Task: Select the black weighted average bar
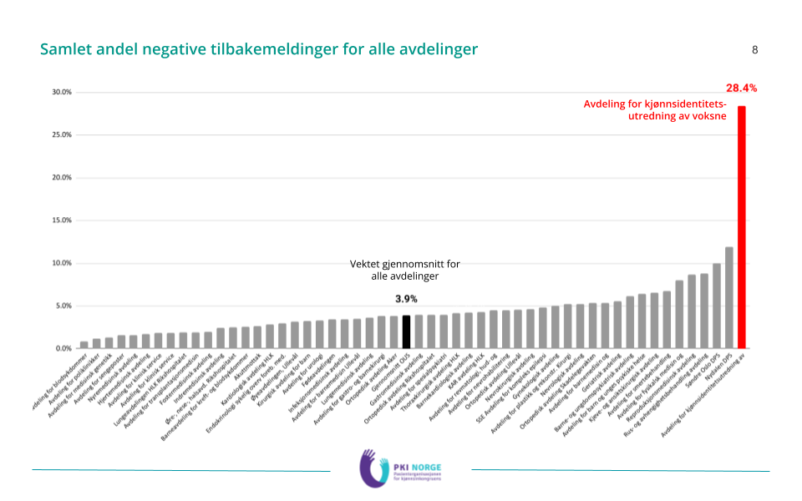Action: (x=406, y=331)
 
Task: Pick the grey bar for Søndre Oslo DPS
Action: (x=716, y=306)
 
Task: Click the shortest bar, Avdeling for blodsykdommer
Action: (x=84, y=345)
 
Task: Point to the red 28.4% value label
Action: (x=741, y=88)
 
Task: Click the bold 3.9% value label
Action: (x=406, y=299)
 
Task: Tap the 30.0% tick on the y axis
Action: (x=61, y=92)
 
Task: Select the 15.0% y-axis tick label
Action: (x=61, y=220)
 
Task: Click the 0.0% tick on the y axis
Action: (x=63, y=348)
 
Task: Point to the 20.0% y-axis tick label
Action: (x=61, y=178)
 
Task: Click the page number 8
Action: (x=755, y=49)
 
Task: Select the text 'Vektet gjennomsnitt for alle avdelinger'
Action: (x=404, y=270)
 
